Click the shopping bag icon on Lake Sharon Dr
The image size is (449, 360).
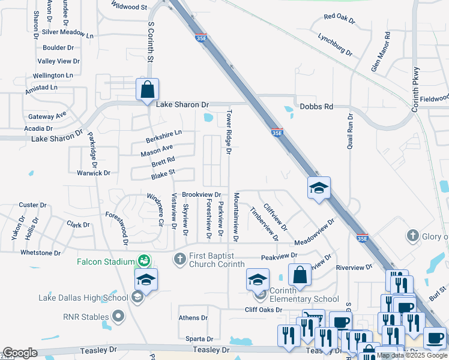point(147,90)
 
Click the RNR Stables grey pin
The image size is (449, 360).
point(118,316)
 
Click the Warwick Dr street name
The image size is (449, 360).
point(94,173)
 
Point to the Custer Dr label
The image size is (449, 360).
point(32,205)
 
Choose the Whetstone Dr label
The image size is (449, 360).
point(40,253)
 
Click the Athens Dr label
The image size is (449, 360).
point(193,318)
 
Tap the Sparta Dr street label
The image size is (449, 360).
point(199,339)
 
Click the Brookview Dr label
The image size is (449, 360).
point(202,195)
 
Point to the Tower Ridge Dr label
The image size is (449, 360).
point(229,131)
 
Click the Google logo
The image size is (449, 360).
point(20,353)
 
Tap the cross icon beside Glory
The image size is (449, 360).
point(412,236)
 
